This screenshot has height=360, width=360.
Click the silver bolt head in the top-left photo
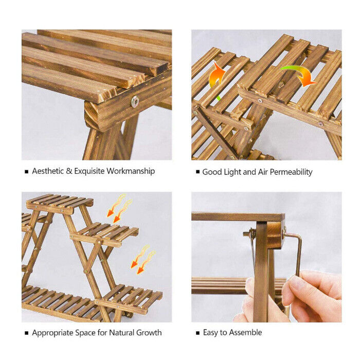135,101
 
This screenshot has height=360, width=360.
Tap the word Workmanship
131,171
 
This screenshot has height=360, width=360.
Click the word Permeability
291,172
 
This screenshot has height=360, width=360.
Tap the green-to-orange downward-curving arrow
298,75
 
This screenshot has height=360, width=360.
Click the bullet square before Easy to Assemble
197,333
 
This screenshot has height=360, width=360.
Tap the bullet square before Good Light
197,172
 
